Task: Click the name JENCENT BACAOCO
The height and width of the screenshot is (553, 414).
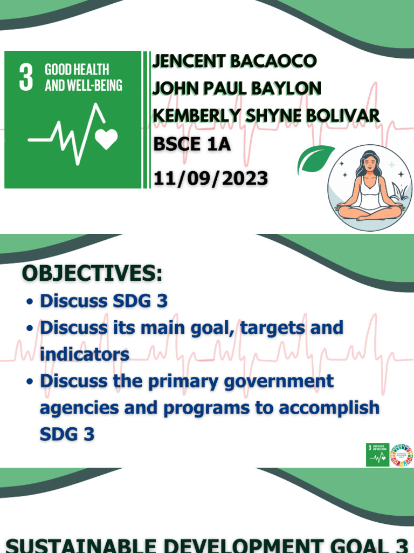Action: point(234,61)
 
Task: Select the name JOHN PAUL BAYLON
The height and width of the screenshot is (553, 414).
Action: point(237,88)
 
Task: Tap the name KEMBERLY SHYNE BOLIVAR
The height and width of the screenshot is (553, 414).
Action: point(266,116)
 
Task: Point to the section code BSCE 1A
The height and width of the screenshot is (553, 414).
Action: point(192,145)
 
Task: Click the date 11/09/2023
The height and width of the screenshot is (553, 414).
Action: point(210,178)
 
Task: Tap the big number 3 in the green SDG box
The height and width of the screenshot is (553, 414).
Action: point(26,77)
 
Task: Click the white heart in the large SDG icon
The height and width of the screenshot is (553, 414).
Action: point(106,139)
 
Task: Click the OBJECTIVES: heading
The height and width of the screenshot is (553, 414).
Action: point(92,274)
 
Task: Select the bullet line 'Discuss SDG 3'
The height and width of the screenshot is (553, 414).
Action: point(103,301)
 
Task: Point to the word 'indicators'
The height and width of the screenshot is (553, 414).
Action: point(85,354)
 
